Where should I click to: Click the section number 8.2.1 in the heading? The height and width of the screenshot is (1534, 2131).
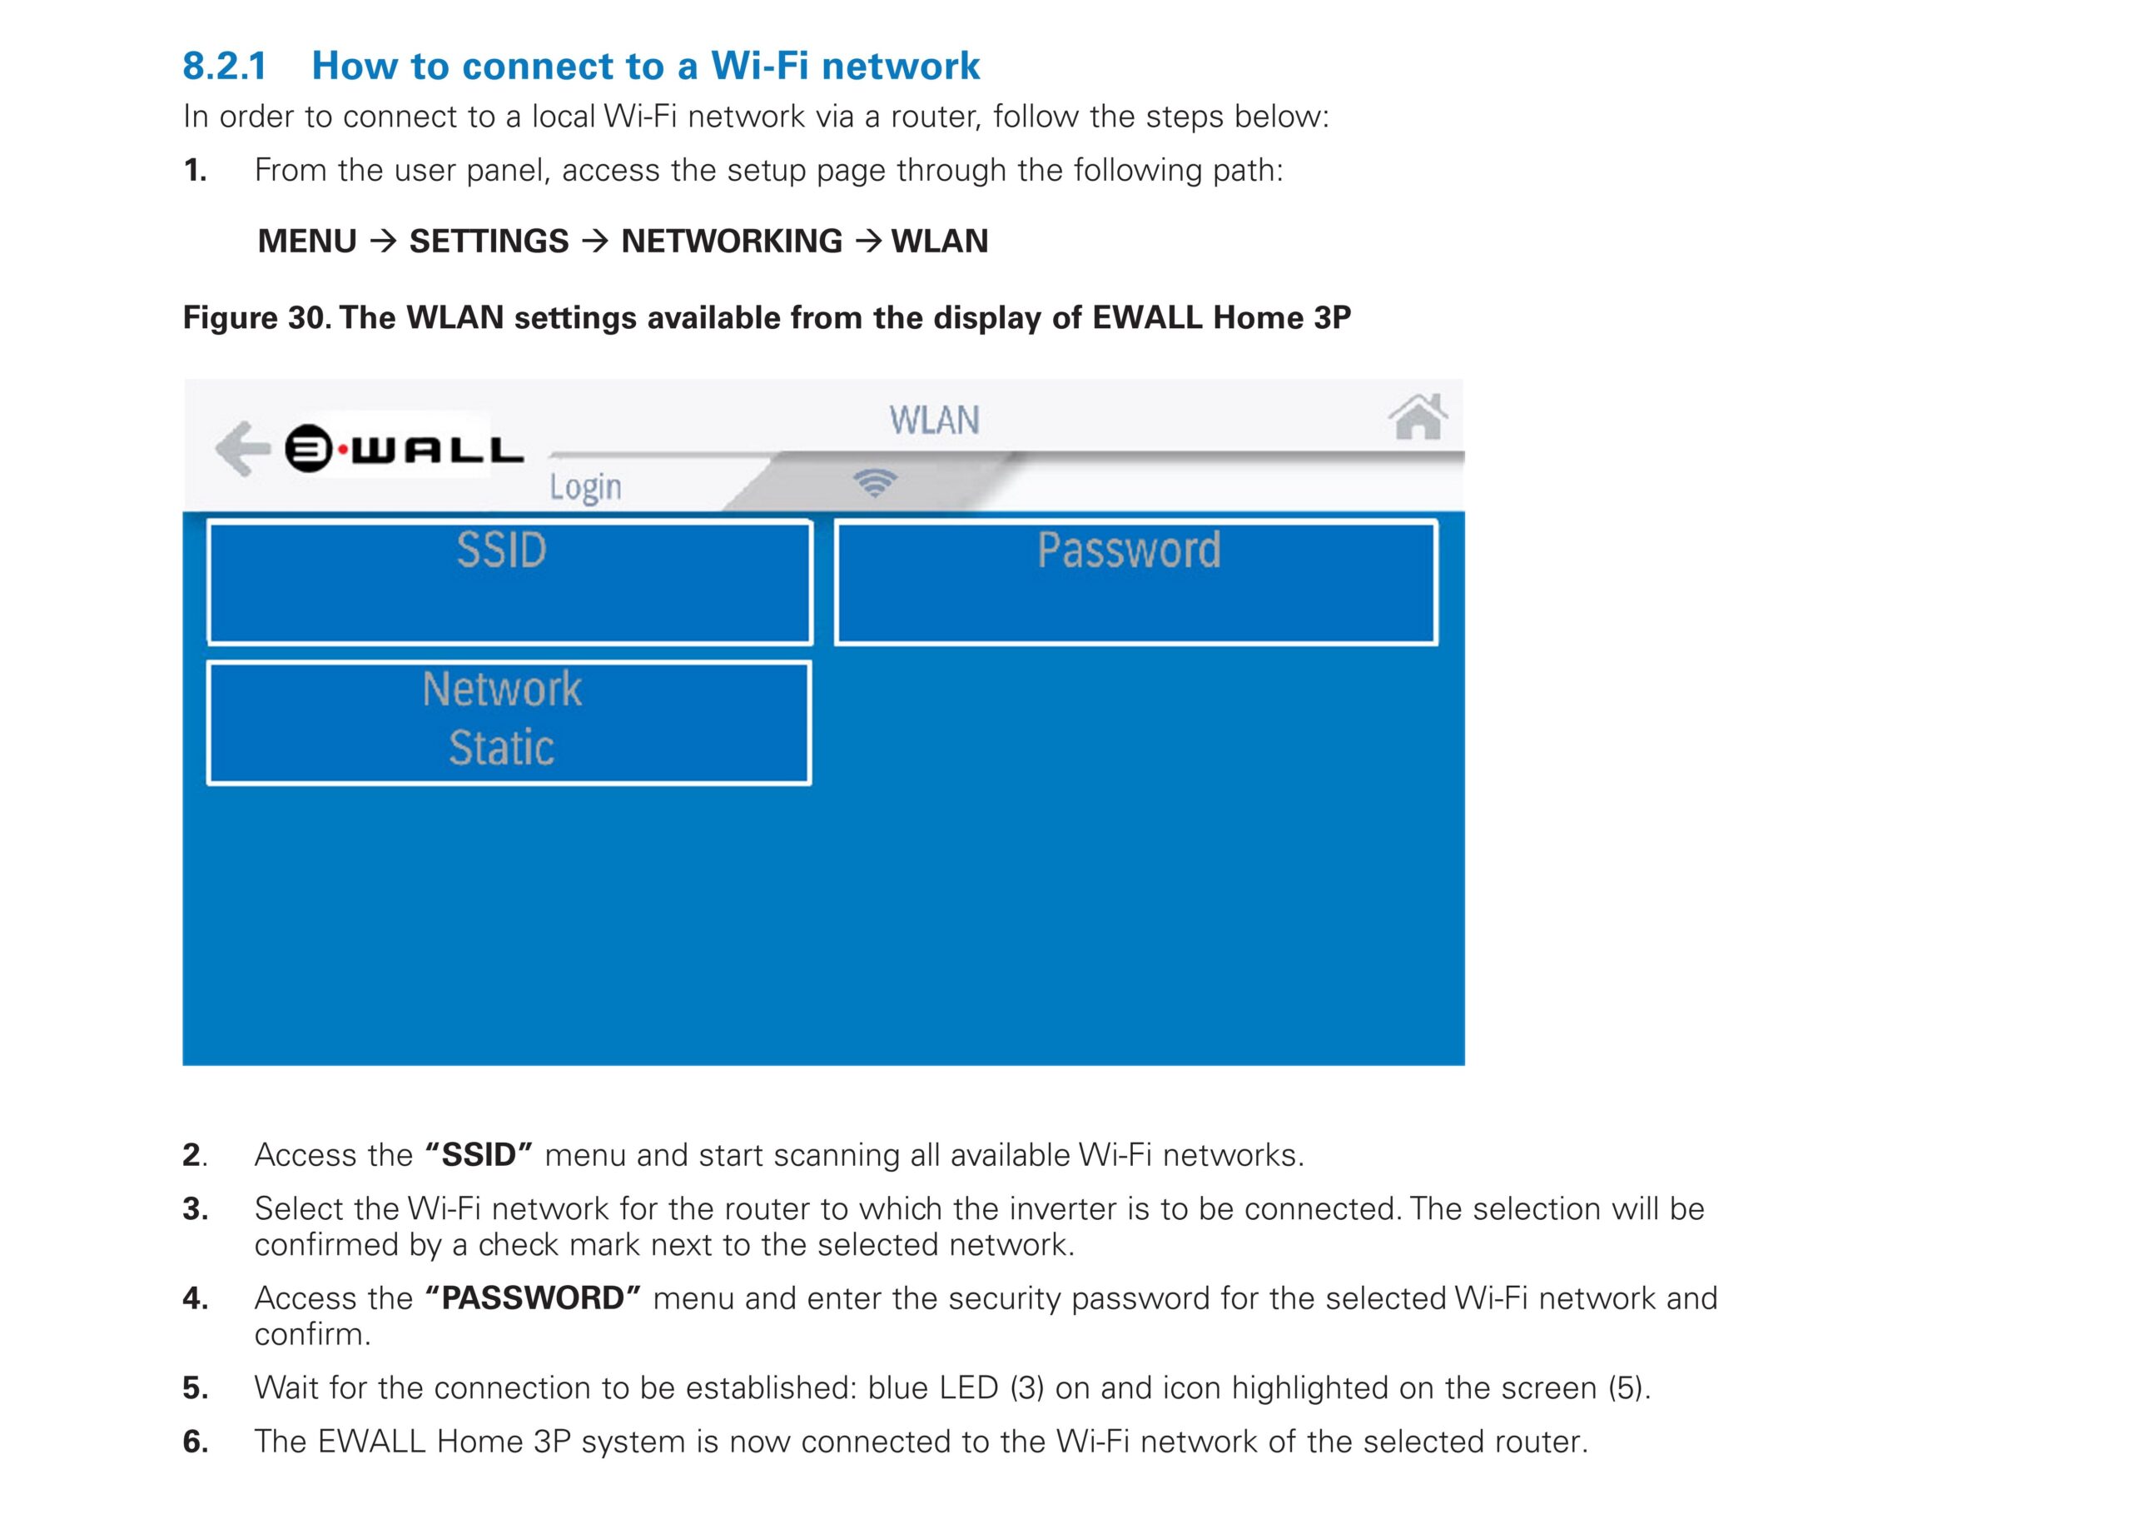225,66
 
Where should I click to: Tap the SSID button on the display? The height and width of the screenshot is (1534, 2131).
509,583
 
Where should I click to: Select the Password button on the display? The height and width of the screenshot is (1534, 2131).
1136,583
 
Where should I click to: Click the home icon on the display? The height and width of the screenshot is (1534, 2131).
1418,416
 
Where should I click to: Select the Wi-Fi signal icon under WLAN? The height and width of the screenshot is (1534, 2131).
875,483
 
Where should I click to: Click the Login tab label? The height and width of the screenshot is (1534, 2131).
585,488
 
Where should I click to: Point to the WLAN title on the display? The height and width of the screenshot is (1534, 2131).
935,421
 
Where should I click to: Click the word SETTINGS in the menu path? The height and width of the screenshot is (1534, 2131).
489,242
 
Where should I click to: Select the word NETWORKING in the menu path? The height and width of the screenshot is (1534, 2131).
732,242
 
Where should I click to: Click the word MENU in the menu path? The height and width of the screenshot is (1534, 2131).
307,242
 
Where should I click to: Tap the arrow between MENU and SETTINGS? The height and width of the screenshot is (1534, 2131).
384,242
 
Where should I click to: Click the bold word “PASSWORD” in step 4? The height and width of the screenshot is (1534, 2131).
533,1298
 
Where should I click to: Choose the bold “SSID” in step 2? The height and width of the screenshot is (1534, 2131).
479,1154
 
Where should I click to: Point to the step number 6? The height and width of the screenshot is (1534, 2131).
195,1441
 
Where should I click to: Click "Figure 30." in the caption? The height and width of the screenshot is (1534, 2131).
256,317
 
